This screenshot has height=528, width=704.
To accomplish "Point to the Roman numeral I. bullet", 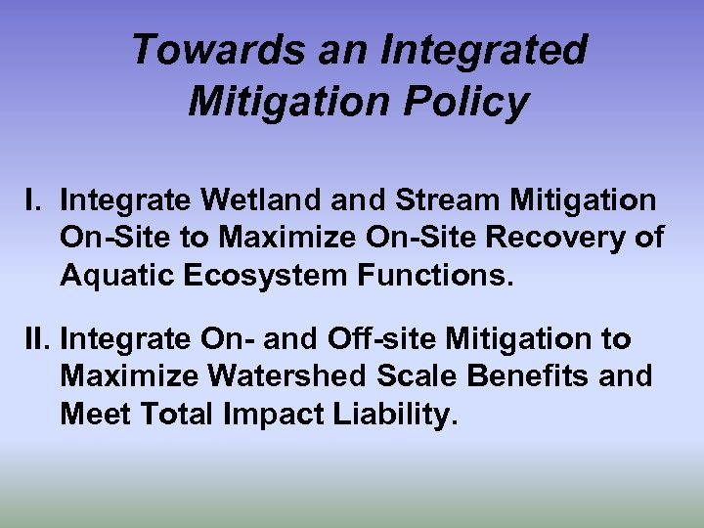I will pyautogui.click(x=34, y=200).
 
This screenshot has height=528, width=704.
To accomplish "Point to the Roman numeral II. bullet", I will pyautogui.click(x=39, y=339).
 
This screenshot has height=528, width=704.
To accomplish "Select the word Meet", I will pyautogui.click(x=95, y=414).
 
